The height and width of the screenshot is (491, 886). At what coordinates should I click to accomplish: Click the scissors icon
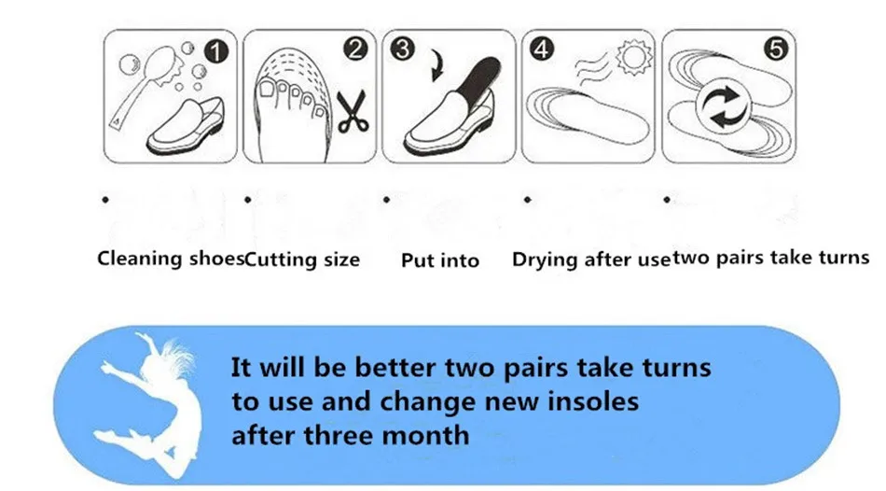353,111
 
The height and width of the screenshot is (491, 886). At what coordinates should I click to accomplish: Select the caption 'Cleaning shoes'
171,259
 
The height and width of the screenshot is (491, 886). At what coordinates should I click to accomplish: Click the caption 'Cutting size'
302,259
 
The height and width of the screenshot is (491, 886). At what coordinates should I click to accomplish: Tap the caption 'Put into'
439,260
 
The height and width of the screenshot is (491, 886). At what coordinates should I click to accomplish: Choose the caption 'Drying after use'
590,260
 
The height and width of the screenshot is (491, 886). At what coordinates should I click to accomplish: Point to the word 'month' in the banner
424,435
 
